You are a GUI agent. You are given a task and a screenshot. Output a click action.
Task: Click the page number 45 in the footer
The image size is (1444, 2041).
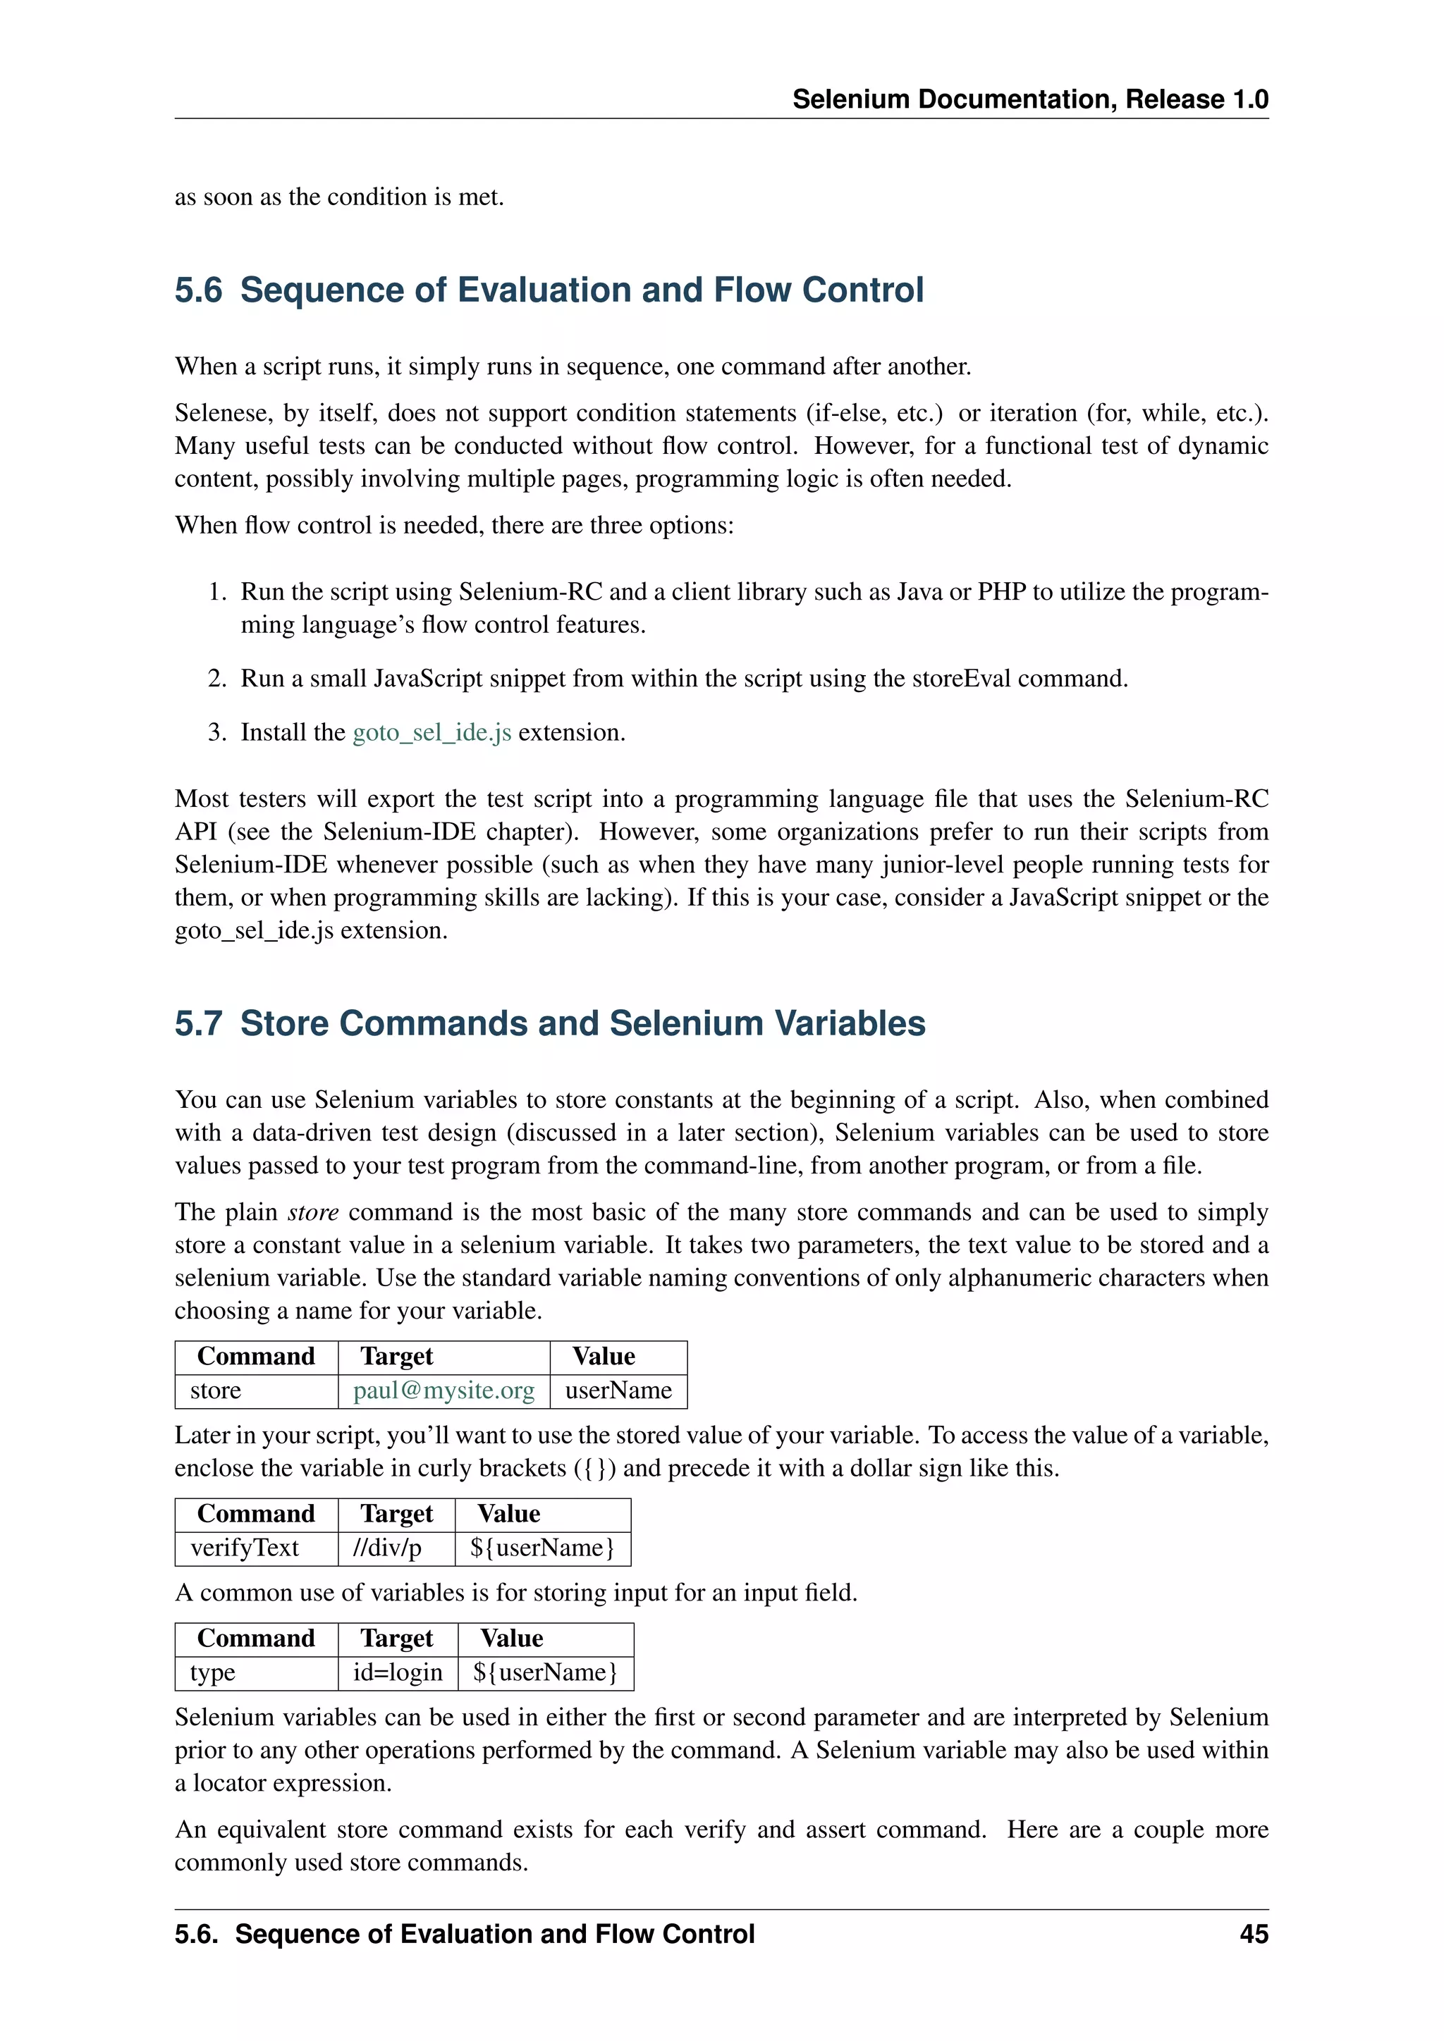1253,1933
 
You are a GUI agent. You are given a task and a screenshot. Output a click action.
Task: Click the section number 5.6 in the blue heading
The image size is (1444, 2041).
198,290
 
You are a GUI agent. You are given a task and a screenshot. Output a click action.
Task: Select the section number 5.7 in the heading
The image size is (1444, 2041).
198,1023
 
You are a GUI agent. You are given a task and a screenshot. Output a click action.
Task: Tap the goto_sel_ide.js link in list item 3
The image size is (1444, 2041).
432,732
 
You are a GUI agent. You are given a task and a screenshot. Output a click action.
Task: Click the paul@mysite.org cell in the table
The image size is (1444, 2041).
443,1391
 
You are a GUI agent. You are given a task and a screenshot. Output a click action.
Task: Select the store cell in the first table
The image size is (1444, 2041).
216,1391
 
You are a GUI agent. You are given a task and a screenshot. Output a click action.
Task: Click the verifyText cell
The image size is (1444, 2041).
245,1548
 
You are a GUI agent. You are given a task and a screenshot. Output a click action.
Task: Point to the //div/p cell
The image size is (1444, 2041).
387,1548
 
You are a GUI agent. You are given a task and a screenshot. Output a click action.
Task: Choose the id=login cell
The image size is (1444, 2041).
398,1672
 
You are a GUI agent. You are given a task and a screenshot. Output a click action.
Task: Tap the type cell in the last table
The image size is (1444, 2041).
212,1672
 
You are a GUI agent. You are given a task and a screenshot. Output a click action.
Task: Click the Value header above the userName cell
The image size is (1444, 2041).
604,1357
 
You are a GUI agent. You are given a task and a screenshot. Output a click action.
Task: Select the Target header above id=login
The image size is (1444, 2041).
396,1639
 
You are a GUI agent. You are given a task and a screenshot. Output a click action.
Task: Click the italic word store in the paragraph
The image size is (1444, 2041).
313,1212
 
